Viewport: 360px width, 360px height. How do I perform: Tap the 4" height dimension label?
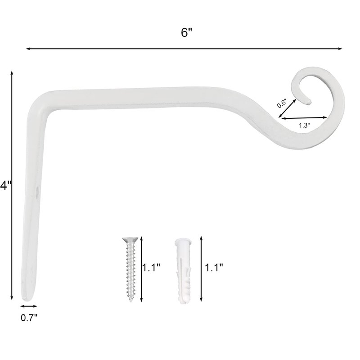coord(5,185)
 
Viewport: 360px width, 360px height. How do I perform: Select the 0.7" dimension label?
coord(29,318)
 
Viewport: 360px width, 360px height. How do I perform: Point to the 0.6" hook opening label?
coord(281,103)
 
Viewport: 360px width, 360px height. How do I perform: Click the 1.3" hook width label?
coord(304,126)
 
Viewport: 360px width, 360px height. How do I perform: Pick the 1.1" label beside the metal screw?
coord(151,267)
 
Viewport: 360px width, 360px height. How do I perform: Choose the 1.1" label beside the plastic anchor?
coord(214,267)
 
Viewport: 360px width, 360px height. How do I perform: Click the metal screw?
coord(130,269)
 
